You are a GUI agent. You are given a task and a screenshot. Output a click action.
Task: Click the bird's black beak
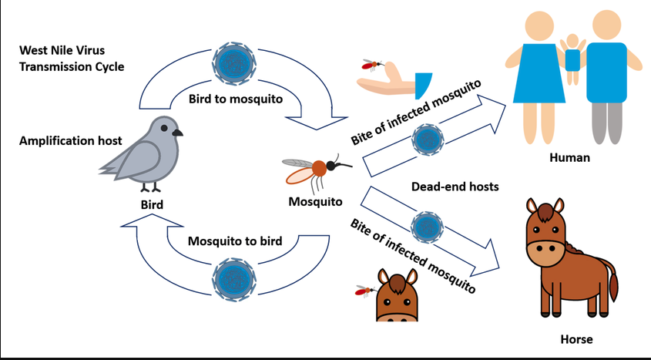tap(177, 133)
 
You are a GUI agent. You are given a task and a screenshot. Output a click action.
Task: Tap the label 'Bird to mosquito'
tap(236, 99)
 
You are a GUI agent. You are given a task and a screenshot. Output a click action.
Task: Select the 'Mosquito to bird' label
tap(235, 241)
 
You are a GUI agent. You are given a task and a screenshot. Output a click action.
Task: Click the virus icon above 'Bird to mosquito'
tap(234, 63)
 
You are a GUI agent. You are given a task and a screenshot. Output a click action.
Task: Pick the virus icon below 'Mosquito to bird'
tap(233, 279)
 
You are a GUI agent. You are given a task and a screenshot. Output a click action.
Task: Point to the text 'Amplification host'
tap(71, 141)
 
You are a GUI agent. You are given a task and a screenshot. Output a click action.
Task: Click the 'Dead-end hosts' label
tap(455, 187)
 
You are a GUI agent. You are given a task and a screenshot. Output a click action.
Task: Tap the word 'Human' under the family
tap(569, 158)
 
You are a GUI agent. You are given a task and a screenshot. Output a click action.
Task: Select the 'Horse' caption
tap(576, 339)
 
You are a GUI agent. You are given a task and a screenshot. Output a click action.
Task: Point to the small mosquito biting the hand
tap(372, 64)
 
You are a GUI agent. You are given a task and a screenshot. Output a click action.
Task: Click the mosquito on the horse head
tap(365, 291)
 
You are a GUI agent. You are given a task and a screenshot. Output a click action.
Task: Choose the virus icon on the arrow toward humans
tap(428, 140)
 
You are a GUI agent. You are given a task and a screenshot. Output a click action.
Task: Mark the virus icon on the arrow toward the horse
tap(428, 227)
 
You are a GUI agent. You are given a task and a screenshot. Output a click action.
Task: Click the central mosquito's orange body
tap(319, 168)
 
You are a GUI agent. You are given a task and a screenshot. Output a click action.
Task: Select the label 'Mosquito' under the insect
tap(316, 202)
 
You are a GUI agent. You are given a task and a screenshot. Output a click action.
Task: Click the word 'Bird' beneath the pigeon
tap(152, 205)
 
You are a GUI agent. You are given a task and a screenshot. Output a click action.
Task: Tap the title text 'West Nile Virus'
tap(62, 50)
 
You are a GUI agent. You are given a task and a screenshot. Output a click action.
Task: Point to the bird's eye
tap(164, 128)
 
